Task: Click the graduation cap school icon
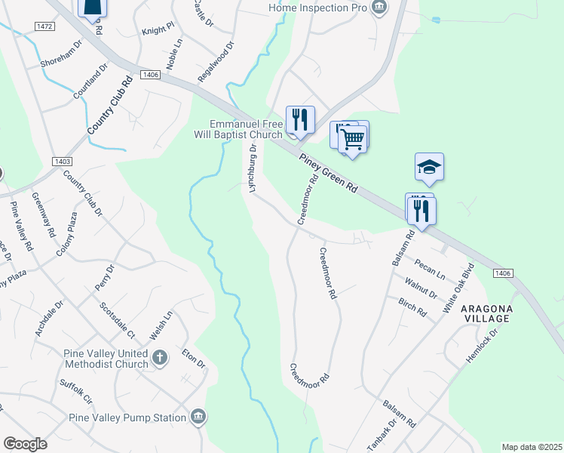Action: coord(429,167)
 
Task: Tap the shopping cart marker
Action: coord(352,139)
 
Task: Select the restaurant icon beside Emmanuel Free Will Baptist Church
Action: coord(299,120)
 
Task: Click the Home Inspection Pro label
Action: coord(317,8)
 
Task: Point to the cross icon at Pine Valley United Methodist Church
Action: coord(159,357)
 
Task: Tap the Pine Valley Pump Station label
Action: coord(127,418)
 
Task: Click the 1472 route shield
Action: coord(44,26)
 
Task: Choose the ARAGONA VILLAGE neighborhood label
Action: coord(487,314)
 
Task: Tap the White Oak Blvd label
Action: coord(458,288)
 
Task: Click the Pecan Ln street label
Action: coord(430,269)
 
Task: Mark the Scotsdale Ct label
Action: coord(117,321)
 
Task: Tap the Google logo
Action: coord(26,444)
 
